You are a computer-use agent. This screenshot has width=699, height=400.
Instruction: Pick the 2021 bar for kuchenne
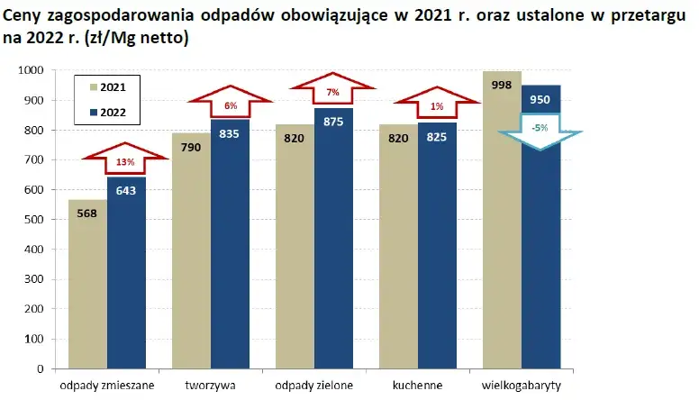coord(398,270)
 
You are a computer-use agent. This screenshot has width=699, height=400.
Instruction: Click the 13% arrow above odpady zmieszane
coord(126,160)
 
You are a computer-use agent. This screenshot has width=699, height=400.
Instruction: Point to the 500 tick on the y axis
coord(32,220)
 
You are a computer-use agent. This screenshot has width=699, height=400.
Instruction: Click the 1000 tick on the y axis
coord(30,70)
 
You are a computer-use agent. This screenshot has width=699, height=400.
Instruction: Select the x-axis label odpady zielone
coord(313,386)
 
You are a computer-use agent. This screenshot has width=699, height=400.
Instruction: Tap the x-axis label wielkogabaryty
coord(522,386)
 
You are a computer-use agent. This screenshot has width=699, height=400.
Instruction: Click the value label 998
coord(503,84)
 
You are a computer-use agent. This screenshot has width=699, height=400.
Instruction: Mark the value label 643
coord(126,190)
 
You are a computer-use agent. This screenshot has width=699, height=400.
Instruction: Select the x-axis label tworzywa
coord(211,386)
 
